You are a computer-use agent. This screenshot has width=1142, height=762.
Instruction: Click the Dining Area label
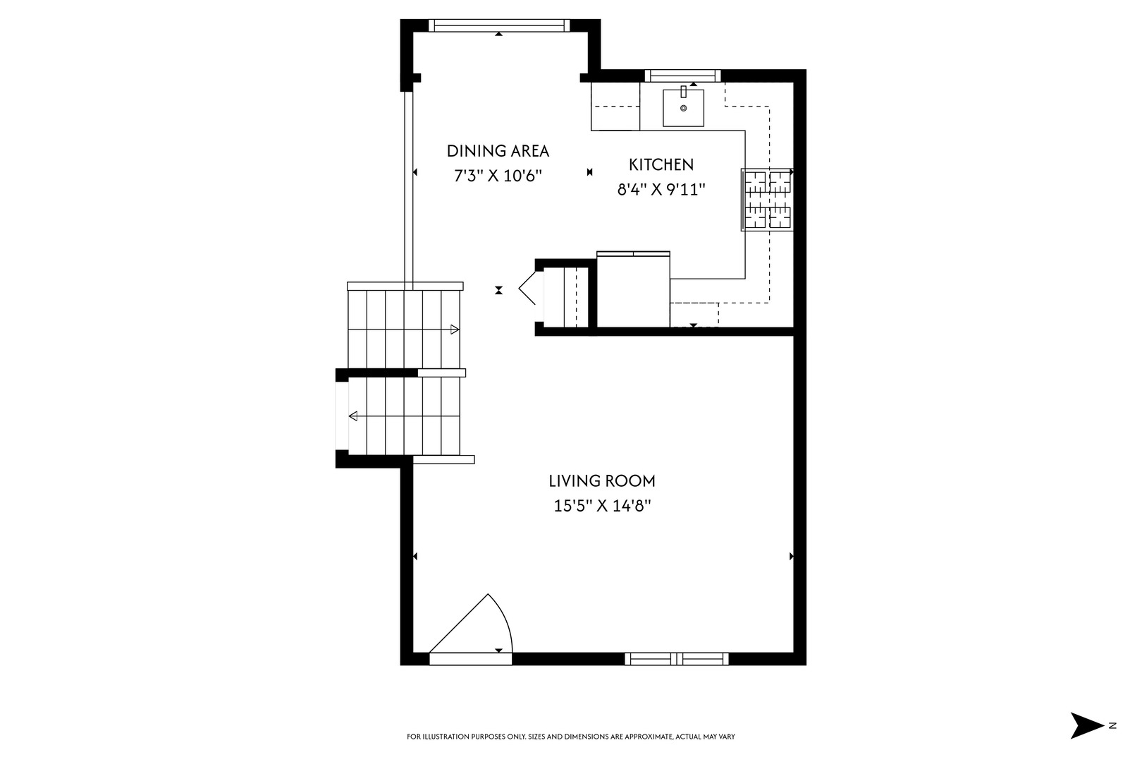tap(498, 150)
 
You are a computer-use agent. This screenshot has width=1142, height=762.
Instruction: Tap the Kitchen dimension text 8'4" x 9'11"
tap(661, 189)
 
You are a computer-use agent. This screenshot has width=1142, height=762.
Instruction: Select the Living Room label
tap(602, 480)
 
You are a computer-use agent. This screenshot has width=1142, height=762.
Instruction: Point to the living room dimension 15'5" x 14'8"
tap(602, 506)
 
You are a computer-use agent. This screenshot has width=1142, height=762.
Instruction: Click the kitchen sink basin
tap(683, 109)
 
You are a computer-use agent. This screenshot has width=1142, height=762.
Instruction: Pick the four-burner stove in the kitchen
tap(768, 200)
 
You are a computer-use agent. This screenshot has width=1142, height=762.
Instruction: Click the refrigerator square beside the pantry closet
tap(633, 290)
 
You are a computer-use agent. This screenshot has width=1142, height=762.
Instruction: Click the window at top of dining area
tap(498, 25)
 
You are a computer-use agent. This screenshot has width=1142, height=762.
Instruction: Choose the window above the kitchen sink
tap(682, 75)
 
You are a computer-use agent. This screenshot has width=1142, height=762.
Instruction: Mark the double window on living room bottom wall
tap(677, 659)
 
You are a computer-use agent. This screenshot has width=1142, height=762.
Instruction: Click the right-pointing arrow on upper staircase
tap(455, 329)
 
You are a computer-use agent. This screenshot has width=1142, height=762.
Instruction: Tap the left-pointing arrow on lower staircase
tap(353, 416)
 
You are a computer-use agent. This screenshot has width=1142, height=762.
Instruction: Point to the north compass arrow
tap(1086, 725)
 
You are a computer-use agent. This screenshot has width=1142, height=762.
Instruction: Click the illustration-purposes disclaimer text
tap(571, 737)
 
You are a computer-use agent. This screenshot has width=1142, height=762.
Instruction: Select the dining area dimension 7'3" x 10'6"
tap(498, 176)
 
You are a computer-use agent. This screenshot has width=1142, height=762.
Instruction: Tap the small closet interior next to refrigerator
tap(567, 296)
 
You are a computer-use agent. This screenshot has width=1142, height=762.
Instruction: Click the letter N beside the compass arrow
tap(1112, 725)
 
